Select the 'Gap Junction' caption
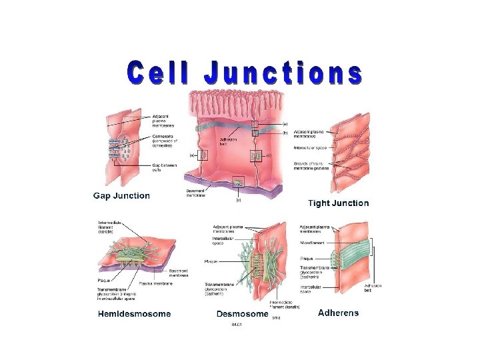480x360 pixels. (x=121, y=196)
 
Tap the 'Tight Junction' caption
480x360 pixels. (x=339, y=203)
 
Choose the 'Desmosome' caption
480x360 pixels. (x=242, y=314)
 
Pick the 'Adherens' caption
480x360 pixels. (x=338, y=313)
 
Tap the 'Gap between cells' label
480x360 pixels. (x=165, y=167)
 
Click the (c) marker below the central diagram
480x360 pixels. (x=239, y=199)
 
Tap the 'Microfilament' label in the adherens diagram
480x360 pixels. (x=312, y=243)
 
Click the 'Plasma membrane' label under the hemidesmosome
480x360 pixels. (x=157, y=283)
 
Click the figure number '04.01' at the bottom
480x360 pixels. (x=237, y=325)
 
